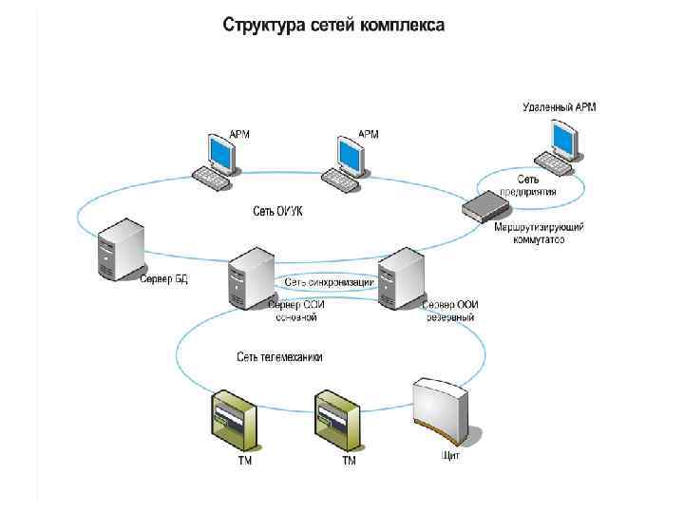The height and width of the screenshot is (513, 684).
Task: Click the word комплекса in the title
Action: (401, 25)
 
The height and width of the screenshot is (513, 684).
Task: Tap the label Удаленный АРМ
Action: (560, 107)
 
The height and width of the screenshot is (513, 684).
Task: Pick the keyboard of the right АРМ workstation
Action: (339, 179)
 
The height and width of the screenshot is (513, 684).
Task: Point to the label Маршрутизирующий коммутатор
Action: (539, 234)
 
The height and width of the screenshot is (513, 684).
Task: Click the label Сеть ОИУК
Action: (277, 211)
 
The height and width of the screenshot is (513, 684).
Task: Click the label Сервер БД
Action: (164, 279)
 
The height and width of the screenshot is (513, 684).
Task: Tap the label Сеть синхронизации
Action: (329, 282)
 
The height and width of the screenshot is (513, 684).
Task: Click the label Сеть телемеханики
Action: (279, 357)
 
